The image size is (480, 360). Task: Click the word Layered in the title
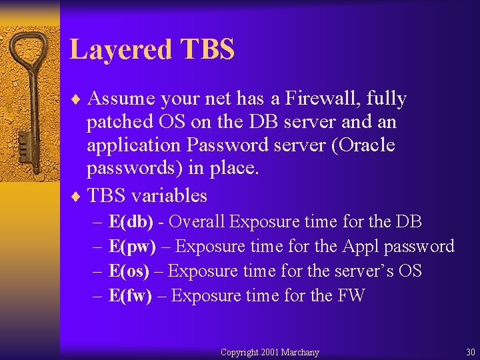(119, 49)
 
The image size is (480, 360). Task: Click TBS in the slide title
(207, 49)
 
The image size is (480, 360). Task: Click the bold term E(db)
(131, 221)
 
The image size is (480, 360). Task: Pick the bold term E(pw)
(132, 246)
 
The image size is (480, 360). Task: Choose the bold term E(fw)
(131, 295)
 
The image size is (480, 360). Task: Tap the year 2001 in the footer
(270, 352)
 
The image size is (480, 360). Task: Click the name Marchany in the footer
(300, 352)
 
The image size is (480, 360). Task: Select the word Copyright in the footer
(239, 352)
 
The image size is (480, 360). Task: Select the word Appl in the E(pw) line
(360, 246)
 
